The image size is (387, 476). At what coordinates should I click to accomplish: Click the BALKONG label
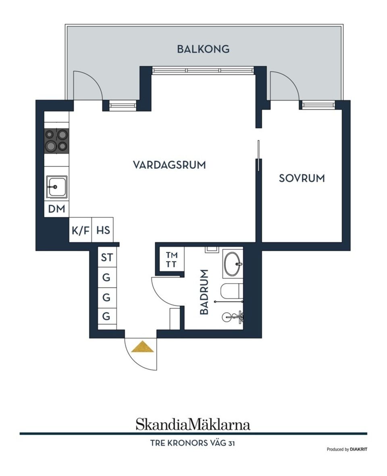203,49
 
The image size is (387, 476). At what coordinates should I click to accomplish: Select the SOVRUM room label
302,178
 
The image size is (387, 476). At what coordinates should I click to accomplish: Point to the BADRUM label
204,292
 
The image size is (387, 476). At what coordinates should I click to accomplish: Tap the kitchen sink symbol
56,187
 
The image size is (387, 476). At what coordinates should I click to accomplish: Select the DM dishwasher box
56,209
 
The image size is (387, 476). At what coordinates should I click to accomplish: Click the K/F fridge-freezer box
81,230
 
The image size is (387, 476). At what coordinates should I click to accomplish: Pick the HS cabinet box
103,230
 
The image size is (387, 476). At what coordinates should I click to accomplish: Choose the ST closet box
107,257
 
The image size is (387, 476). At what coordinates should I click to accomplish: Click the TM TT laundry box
171,259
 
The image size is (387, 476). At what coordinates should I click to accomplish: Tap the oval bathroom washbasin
233,264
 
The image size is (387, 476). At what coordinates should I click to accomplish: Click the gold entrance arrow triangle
143,347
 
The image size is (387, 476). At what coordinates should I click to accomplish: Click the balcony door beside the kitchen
87,86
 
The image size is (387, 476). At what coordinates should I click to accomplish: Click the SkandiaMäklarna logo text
193,424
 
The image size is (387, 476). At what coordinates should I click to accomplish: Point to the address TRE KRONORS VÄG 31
193,443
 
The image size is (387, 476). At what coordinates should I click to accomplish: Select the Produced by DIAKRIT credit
347,449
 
